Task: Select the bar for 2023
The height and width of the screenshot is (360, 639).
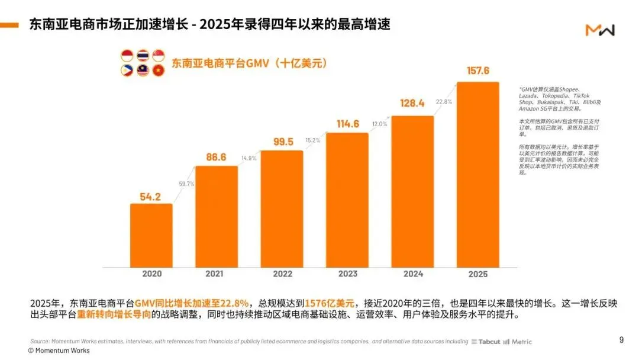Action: [347, 200]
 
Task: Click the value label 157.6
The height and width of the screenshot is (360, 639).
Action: [477, 71]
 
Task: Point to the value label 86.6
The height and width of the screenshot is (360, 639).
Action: [217, 157]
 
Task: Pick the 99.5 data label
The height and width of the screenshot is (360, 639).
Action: [282, 142]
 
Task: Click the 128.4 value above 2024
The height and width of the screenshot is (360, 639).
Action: [412, 104]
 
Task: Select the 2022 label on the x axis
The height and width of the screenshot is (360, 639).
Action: [282, 274]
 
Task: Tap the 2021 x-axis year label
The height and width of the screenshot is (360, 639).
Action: [217, 274]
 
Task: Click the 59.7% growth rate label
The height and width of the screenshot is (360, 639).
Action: [186, 184]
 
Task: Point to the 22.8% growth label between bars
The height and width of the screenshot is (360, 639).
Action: [444, 102]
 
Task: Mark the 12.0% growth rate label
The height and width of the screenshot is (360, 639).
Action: [379, 124]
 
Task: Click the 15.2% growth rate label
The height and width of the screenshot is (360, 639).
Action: [314, 140]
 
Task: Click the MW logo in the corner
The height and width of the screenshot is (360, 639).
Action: [599, 30]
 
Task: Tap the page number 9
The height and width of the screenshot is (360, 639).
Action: [621, 339]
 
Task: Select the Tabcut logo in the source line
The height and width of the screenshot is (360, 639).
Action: [486, 342]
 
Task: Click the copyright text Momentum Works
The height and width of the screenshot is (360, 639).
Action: [59, 351]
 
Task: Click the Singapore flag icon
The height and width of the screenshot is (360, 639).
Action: [158, 56]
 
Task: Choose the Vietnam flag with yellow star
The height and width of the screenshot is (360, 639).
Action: [158, 70]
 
